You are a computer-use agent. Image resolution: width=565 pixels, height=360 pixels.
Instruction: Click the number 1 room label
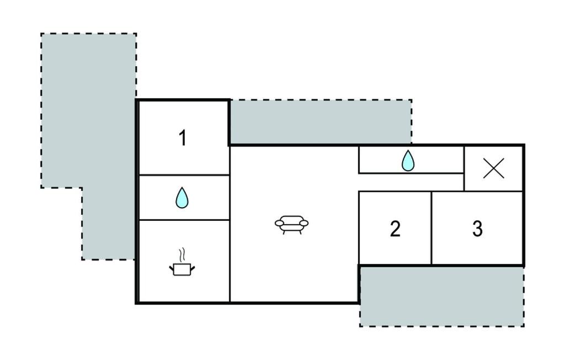(x=183, y=138)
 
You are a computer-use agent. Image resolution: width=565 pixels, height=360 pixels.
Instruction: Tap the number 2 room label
(x=395, y=229)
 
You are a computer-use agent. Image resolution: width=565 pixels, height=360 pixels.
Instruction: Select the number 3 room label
(x=477, y=229)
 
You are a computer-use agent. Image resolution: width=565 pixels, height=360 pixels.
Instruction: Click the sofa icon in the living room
(x=291, y=225)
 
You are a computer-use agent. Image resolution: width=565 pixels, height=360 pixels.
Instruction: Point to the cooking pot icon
(x=182, y=269)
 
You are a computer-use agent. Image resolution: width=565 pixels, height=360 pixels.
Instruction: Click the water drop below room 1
(x=182, y=198)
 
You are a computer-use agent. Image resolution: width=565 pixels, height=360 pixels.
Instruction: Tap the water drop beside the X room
(x=408, y=161)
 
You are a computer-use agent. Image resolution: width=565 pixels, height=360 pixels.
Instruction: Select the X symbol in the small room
(x=494, y=168)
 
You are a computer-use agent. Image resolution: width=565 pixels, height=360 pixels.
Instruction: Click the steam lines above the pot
(x=182, y=255)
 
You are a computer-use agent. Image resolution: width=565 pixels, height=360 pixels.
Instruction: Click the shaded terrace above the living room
(x=321, y=122)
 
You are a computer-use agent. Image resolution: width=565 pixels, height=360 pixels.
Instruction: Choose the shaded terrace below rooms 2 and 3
(x=442, y=297)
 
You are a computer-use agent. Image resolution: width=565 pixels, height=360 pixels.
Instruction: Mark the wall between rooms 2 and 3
(x=431, y=228)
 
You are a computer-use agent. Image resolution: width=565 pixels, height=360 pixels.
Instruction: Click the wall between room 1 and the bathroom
(x=184, y=176)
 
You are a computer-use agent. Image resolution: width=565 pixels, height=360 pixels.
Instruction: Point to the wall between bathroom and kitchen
(x=184, y=220)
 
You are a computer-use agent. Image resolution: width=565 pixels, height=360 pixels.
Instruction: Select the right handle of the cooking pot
(x=193, y=268)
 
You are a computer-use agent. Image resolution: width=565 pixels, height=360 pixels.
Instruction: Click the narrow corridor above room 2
(x=411, y=182)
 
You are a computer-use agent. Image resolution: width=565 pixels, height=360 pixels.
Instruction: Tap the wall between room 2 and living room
(x=359, y=228)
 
